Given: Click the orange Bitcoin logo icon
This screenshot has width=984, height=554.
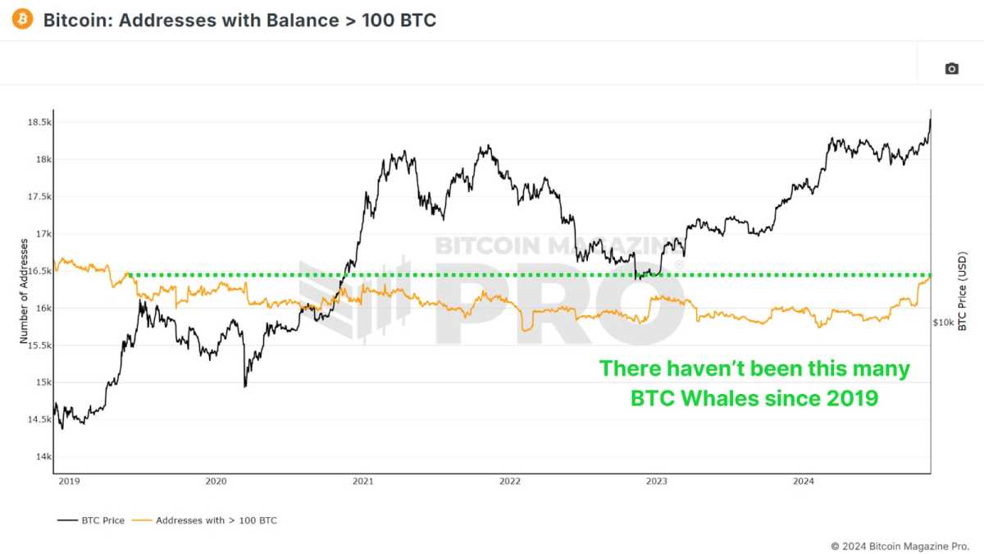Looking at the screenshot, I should click(x=23, y=19).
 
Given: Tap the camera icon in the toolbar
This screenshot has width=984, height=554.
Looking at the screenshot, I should click(x=951, y=69).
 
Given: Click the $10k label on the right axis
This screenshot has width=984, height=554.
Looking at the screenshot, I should click(x=943, y=323).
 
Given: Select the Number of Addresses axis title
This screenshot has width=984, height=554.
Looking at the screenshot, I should click(x=24, y=291).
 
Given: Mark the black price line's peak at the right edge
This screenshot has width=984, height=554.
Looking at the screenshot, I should click(x=930, y=120).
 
